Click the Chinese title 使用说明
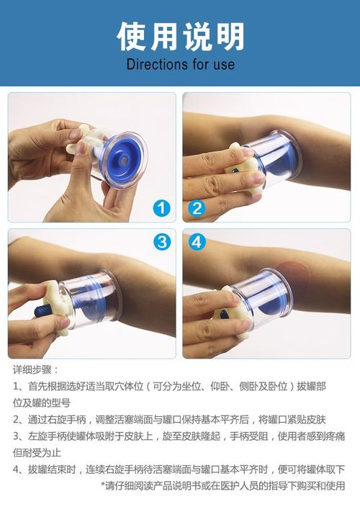(x=180, y=36)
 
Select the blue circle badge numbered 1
(x=163, y=209)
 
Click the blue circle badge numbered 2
(x=197, y=209)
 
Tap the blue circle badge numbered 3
(x=163, y=242)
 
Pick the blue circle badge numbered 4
(x=197, y=242)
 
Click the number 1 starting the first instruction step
(x=16, y=386)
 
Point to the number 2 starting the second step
(x=16, y=419)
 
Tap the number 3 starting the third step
(x=16, y=436)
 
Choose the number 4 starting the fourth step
(x=16, y=470)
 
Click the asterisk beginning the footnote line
(x=103, y=486)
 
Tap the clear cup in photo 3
(x=94, y=302)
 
